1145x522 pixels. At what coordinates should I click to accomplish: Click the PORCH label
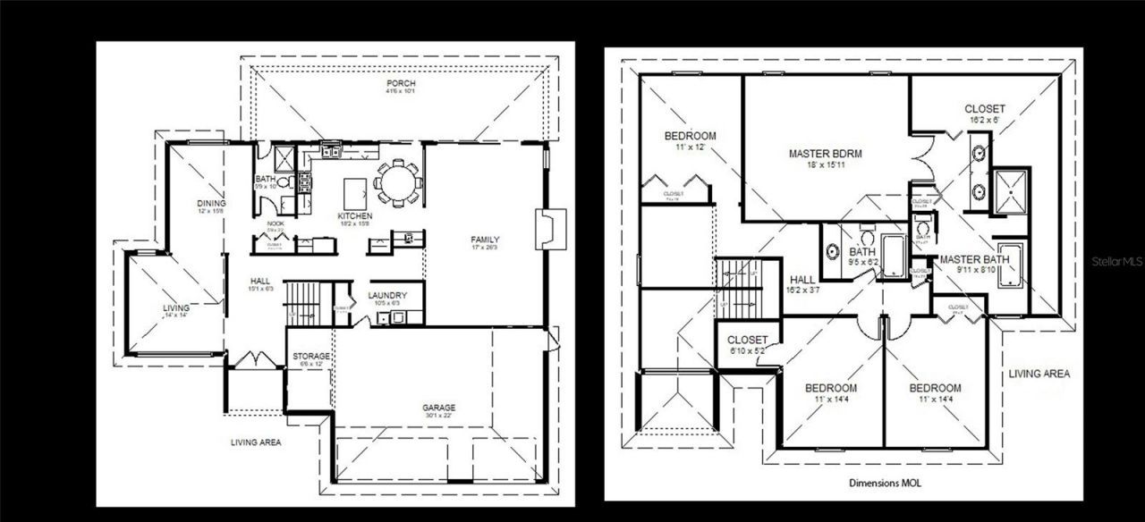[400, 85]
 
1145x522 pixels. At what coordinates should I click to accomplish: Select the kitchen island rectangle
[356, 189]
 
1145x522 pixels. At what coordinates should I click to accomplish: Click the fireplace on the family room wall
[546, 229]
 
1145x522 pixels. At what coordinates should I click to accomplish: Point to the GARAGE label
[438, 408]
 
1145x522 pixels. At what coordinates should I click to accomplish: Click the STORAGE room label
[311, 357]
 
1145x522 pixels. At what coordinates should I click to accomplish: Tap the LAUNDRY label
[388, 295]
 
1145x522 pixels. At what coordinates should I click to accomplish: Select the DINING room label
[211, 203]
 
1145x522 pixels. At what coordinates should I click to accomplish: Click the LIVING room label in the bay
[176, 308]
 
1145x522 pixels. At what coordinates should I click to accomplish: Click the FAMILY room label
[485, 240]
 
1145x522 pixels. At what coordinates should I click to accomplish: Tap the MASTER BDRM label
[825, 154]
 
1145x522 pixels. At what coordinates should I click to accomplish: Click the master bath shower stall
[1012, 189]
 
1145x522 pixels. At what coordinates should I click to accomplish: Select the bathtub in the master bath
[1012, 265]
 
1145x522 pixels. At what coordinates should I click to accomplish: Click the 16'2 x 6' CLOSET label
[984, 109]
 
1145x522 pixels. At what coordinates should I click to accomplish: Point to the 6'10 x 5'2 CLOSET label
[747, 340]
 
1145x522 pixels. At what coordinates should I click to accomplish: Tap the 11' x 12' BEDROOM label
[690, 137]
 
